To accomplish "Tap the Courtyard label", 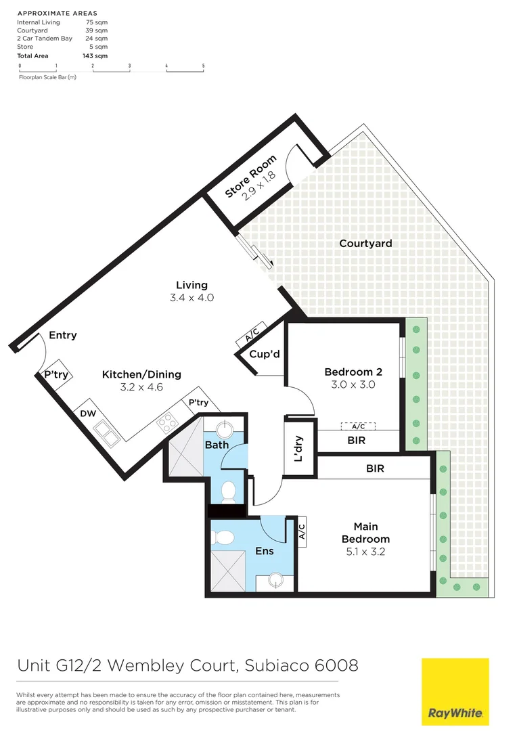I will tap(365, 244).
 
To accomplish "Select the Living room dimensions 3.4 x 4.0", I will tap(192, 297).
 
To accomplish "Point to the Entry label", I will tap(63, 335).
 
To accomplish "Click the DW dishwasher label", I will tap(87, 413).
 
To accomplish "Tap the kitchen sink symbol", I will tap(106, 430).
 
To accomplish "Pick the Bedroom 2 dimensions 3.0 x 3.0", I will tap(353, 384).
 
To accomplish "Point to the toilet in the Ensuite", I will tap(223, 537).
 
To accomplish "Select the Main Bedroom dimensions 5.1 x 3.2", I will tap(365, 552).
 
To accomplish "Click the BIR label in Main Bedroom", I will tap(375, 468).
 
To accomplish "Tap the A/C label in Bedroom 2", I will tap(357, 426).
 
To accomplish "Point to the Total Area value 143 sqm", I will tap(100, 56).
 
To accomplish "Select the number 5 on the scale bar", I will tap(203, 66).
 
